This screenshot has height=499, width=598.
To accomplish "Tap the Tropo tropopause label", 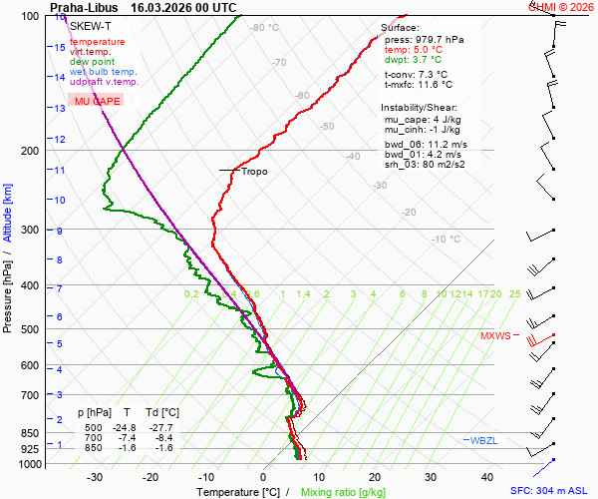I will tap(254, 172).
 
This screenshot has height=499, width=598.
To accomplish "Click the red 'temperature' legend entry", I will tap(98, 42).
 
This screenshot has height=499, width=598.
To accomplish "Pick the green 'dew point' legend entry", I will tap(93, 62).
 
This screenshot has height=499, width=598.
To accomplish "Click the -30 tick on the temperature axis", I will tap(95, 477).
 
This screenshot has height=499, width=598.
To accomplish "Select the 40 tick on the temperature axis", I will tap(487, 477).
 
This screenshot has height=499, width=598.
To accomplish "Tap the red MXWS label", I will tap(495, 336).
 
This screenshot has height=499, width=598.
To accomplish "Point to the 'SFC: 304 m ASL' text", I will tap(551, 491).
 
